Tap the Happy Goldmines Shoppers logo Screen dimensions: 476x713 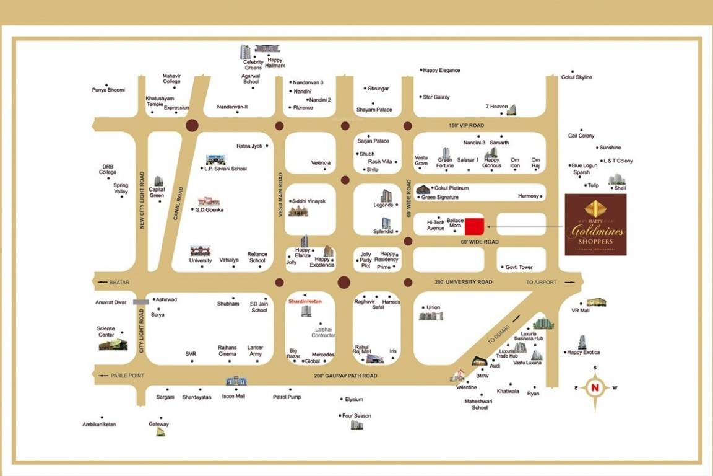point(595,224)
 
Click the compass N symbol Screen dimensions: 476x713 point(595,388)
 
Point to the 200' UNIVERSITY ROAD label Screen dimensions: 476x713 point(463,282)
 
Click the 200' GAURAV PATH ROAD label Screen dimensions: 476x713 point(345,376)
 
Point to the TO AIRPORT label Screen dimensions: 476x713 point(541,282)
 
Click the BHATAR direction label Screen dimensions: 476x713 point(119,282)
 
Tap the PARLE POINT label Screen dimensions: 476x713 point(127,376)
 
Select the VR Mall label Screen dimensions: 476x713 point(580,311)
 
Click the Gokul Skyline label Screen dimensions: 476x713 point(576,77)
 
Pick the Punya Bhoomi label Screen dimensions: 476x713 point(108,90)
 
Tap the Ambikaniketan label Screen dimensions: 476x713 point(99,425)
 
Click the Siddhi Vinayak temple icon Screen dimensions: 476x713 point(298,211)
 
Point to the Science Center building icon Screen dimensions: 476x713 point(113,343)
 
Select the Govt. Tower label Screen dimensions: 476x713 point(519,267)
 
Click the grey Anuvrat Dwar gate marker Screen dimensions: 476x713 point(141,302)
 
